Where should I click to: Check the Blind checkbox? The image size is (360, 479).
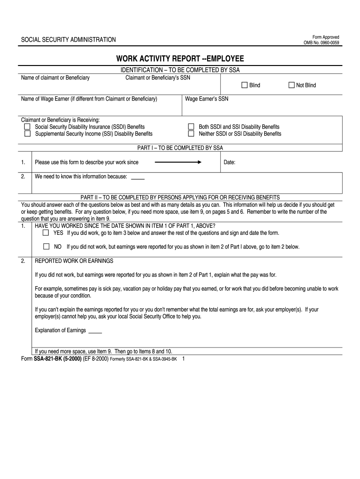click(244, 85)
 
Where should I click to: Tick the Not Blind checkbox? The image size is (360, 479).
click(291, 85)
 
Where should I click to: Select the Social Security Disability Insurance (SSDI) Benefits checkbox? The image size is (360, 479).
click(27, 127)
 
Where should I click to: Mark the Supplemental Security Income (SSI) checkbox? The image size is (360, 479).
click(27, 134)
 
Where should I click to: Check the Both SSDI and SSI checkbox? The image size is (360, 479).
click(191, 127)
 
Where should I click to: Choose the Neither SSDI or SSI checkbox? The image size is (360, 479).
click(191, 134)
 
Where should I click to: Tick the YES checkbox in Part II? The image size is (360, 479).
click(46, 232)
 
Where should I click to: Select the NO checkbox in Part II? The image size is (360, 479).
click(46, 247)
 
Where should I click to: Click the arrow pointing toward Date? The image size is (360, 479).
click(178, 162)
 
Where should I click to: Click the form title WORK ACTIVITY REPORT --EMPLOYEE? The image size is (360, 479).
click(180, 59)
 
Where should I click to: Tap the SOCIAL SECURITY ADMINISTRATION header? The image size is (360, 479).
click(68, 40)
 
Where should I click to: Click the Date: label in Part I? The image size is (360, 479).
click(230, 163)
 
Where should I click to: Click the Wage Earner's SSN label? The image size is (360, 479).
click(207, 99)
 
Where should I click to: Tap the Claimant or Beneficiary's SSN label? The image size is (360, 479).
click(158, 78)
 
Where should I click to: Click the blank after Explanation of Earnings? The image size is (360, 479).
click(95, 331)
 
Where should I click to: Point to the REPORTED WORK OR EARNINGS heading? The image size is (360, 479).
click(74, 261)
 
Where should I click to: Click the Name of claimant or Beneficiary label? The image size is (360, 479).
click(55, 78)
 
